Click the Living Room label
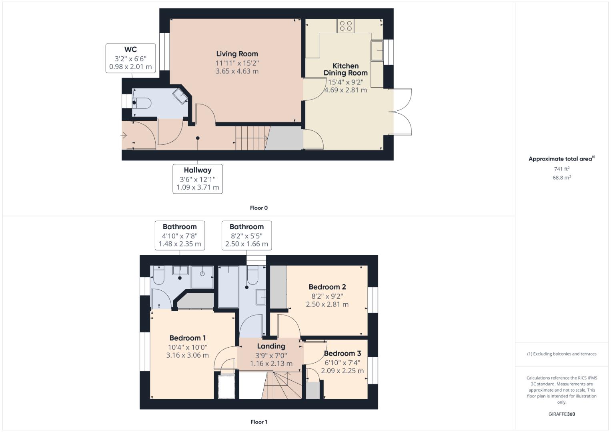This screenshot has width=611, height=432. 237,54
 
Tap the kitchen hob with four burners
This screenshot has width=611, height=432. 346,26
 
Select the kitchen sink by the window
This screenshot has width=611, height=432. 377,51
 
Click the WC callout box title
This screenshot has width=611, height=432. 131,49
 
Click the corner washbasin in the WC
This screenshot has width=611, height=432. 180,96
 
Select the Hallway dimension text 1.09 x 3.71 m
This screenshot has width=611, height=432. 198,187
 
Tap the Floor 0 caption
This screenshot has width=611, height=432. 259,208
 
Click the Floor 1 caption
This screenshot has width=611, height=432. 259,422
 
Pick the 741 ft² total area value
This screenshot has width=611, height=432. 562,169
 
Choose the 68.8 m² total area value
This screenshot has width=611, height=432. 562,178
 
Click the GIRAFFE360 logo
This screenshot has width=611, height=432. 562,414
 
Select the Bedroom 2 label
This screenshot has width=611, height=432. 327,287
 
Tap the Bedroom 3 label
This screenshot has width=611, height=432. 343,354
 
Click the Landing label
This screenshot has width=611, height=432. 271,346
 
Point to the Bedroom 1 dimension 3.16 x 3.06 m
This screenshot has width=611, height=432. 188,355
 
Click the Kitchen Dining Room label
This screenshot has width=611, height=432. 346,69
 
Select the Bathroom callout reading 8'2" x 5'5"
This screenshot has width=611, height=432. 246,235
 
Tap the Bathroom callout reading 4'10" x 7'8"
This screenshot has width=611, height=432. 180,235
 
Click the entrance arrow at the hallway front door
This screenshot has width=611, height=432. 124,135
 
